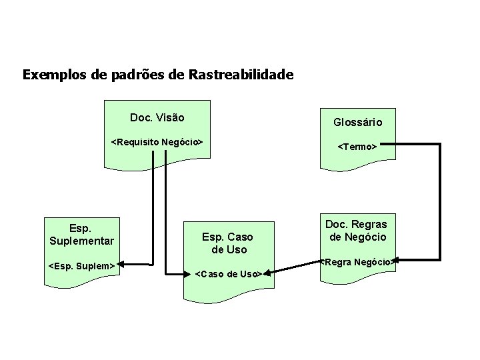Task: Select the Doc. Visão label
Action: [157, 118]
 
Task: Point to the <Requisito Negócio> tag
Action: [157, 142]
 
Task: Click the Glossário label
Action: [357, 122]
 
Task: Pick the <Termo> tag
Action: [357, 146]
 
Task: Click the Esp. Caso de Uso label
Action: [229, 243]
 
